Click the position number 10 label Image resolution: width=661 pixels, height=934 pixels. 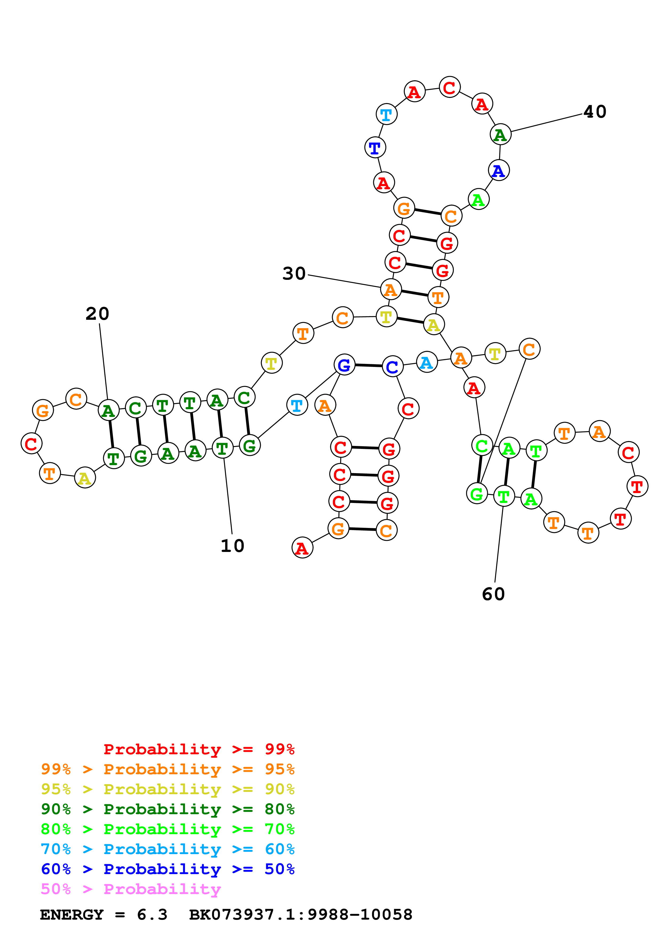[x=232, y=546]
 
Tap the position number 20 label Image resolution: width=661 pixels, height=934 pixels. [x=97, y=314]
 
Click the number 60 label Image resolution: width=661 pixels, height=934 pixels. [x=493, y=594]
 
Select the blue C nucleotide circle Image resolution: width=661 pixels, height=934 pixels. [x=392, y=367]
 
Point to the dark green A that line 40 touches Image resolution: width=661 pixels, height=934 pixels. [x=500, y=135]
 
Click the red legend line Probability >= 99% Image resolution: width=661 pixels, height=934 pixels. [x=199, y=749]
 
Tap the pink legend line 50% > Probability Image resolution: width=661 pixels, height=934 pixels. [x=130, y=889]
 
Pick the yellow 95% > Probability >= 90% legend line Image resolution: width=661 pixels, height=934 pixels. [x=167, y=789]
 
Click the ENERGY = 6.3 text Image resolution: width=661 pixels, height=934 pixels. [x=103, y=915]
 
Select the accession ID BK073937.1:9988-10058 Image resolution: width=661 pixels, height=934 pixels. [x=301, y=915]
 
